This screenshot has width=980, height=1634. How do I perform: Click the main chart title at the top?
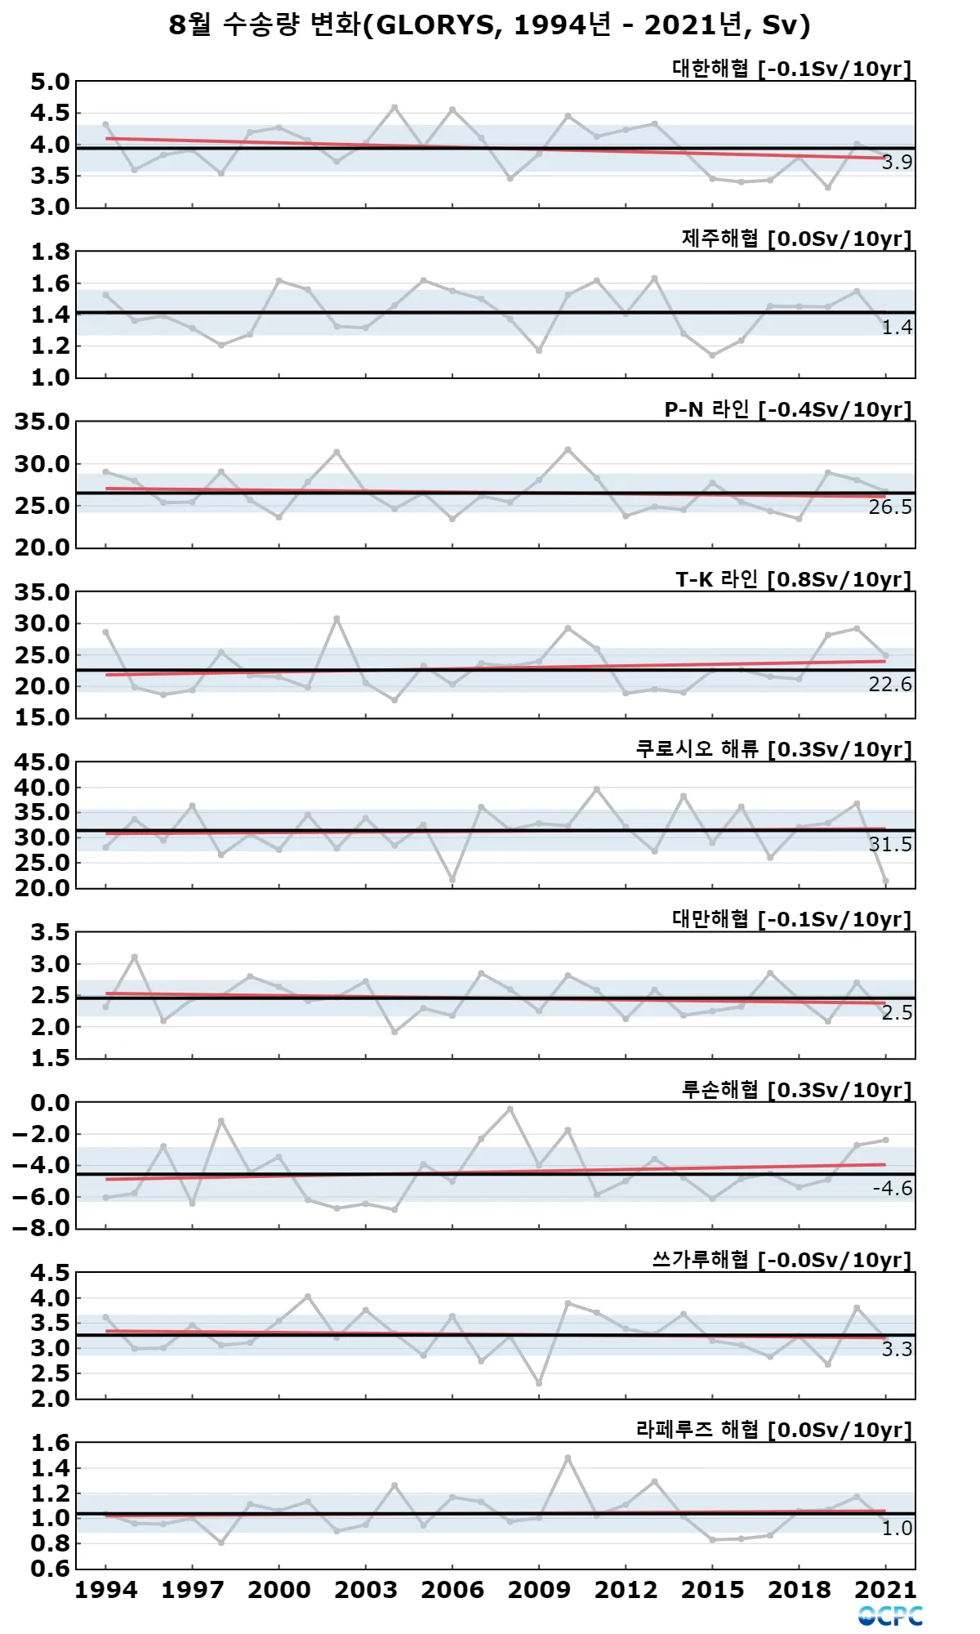pos(489,25)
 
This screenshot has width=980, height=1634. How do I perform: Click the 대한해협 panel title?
pos(791,69)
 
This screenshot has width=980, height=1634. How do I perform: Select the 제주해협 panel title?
pos(796,239)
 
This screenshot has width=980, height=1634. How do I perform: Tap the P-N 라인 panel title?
pos(787,409)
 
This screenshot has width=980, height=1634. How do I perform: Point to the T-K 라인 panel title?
pos(793,579)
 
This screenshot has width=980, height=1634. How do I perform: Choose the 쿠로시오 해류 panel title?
pos(773,749)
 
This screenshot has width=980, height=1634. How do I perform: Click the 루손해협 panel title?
pos(796,1090)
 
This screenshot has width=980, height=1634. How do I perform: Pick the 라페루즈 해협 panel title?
pos(773,1430)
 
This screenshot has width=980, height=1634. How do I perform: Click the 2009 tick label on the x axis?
pos(539,1590)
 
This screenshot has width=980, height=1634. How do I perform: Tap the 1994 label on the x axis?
pos(106,1590)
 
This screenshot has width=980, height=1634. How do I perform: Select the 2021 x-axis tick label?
pos(886,1590)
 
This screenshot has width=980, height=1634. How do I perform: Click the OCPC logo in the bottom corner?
pos(890,1616)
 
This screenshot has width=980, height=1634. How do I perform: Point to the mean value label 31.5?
pos(889,844)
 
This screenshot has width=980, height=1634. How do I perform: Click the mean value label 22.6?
pos(889,684)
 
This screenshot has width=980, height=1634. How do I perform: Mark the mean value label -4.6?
pos(892,1189)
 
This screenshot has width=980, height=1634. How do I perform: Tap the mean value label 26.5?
pos(889,507)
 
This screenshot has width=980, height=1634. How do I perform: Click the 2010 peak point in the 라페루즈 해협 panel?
pos(568,1458)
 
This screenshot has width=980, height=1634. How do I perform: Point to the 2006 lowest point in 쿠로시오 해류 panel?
pos(452,880)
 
